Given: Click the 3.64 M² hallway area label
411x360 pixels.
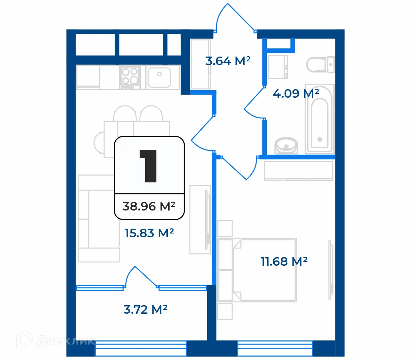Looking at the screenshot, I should [228, 61].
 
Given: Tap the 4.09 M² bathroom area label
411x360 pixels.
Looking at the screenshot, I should [296, 93].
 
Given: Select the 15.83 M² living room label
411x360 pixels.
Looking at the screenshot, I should [149, 233].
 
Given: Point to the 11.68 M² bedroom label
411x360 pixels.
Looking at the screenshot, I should [284, 262].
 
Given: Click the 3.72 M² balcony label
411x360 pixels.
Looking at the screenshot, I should [145, 310].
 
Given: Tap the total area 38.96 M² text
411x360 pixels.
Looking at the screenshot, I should [149, 206].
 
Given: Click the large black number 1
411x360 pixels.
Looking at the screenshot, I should [149, 166].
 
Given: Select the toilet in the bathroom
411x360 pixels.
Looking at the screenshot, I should [320, 64].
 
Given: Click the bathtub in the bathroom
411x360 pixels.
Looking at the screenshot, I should [319, 118].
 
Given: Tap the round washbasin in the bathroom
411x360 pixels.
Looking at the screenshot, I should [286, 145].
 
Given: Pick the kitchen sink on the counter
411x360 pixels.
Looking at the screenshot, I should [159, 77].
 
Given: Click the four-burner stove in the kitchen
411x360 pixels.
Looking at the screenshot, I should [130, 77].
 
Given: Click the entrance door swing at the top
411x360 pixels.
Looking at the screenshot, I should [233, 17].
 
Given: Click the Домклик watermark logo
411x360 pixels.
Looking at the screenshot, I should [55, 340].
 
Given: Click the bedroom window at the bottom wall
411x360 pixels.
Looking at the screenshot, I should [275, 348].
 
